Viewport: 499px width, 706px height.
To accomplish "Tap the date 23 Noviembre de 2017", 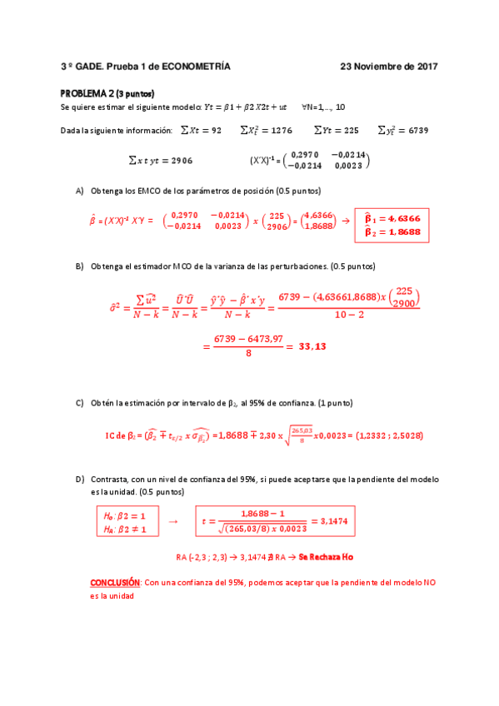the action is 389,66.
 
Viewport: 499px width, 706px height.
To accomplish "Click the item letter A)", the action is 80,191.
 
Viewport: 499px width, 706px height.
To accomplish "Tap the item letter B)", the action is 80,266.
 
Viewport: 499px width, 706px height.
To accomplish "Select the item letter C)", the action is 80,403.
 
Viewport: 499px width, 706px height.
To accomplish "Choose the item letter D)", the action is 80,480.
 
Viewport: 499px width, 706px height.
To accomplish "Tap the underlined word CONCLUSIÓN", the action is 116,584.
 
